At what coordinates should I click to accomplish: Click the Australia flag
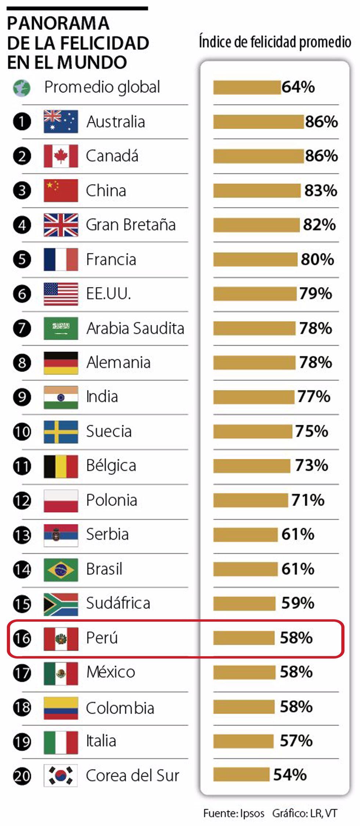coord(61,122)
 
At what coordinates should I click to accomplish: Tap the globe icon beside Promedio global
coord(22,88)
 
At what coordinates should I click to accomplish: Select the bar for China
coord(257,191)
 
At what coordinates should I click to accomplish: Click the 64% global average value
coord(298,87)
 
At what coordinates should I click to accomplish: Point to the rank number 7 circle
coord(22,328)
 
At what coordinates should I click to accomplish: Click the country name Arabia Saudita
coord(135,328)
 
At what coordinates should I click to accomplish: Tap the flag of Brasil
coord(61,570)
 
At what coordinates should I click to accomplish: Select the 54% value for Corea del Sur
coord(290,775)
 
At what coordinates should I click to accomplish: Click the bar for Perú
coord(244,638)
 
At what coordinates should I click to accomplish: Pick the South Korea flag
coord(61,775)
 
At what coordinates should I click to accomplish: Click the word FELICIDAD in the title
coord(104,43)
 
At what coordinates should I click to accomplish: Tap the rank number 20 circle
coord(22,776)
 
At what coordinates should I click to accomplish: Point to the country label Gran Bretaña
coord(131,225)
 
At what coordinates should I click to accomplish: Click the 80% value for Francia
coord(317,259)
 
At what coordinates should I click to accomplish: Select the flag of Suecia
coord(61,432)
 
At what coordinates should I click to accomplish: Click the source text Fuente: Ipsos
coord(234,814)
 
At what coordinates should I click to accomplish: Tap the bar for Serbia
coord(245,535)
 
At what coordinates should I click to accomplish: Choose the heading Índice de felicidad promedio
coord(275,42)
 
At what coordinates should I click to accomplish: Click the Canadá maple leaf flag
coord(61,156)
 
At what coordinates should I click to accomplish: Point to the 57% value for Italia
coord(296,741)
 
